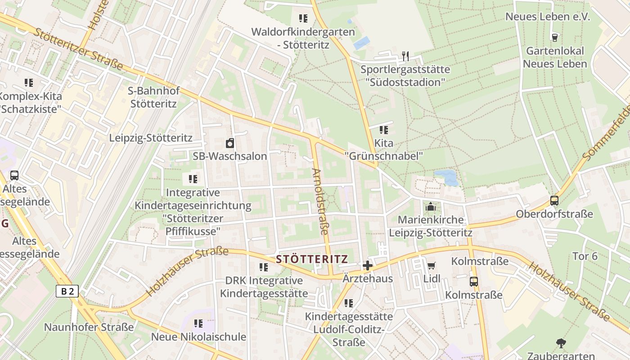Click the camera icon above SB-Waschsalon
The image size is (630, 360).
[x=230, y=143]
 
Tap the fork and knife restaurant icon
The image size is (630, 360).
[x=405, y=56]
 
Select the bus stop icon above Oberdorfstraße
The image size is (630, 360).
[x=554, y=201]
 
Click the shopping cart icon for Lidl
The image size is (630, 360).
[x=431, y=265]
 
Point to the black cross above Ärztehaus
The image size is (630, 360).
[x=368, y=265]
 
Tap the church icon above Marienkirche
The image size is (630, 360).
[x=431, y=207]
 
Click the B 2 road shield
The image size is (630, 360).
[x=67, y=291]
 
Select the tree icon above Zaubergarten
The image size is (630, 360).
[x=561, y=343]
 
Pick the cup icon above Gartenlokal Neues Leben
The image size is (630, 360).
[x=554, y=37]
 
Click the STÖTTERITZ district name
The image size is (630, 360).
[x=312, y=259]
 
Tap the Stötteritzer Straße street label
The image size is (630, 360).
[x=79, y=49]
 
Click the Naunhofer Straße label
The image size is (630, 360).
[x=89, y=327]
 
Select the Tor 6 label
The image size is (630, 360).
[x=585, y=256]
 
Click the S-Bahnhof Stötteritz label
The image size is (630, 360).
[x=153, y=97]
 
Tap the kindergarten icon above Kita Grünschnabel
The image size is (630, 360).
[x=383, y=130]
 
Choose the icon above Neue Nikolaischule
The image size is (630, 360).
[x=198, y=323]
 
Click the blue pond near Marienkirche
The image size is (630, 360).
[x=446, y=177]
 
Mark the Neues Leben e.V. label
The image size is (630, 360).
[x=547, y=17]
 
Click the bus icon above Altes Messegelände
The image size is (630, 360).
[x=14, y=175]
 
